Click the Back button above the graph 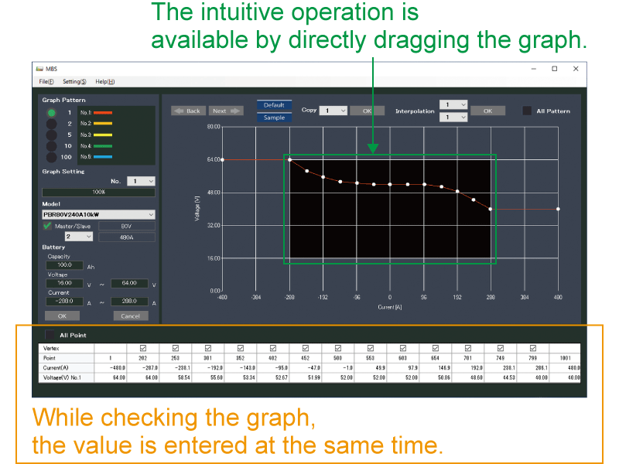[187, 111]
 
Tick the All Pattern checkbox [527, 111]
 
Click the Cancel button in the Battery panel [130, 316]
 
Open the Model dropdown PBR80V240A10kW [98, 214]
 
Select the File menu [46, 81]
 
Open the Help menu [104, 81]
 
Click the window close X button [575, 68]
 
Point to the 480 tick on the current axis [558, 297]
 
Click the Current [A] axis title [389, 306]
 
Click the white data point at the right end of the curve [558, 209]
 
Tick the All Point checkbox [50, 335]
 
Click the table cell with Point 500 [337, 358]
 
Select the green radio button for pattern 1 [51, 113]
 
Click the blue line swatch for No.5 [103, 156]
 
